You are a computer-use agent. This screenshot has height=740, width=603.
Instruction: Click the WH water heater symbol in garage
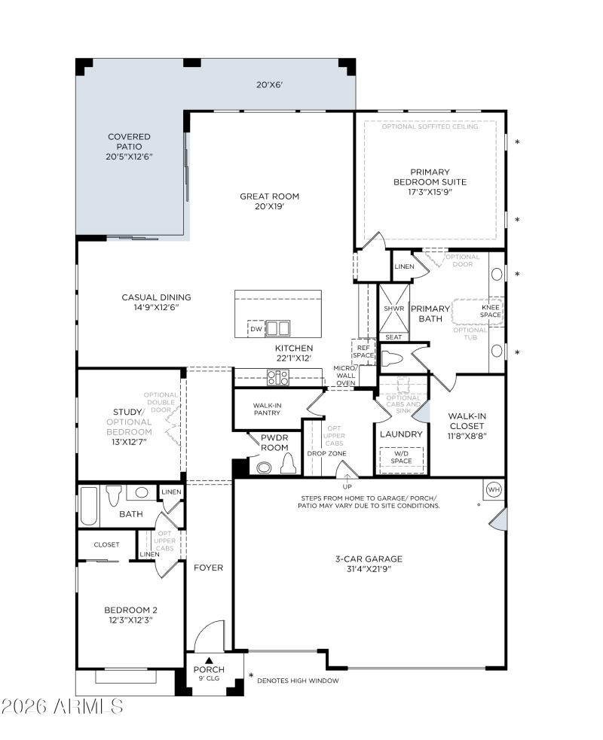click(x=494, y=489)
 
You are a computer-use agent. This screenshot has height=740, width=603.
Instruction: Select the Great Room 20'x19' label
click(x=269, y=201)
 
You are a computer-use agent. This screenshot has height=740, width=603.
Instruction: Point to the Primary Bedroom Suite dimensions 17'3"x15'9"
click(x=430, y=192)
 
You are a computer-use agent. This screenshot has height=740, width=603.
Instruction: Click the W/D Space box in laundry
click(x=401, y=457)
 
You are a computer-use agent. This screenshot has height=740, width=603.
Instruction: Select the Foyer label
click(x=209, y=568)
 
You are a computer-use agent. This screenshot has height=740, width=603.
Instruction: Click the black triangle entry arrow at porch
click(x=210, y=660)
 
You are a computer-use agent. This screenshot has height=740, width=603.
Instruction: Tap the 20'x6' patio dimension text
click(x=269, y=85)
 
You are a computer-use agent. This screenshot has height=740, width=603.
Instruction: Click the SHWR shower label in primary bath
click(x=393, y=309)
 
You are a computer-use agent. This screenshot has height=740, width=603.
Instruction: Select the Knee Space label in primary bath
click(x=491, y=311)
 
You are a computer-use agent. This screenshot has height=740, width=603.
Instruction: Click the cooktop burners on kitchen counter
click(x=276, y=378)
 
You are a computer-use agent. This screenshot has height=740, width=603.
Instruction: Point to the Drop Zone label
click(x=326, y=453)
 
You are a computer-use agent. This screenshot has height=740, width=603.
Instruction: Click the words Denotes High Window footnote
click(x=298, y=681)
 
